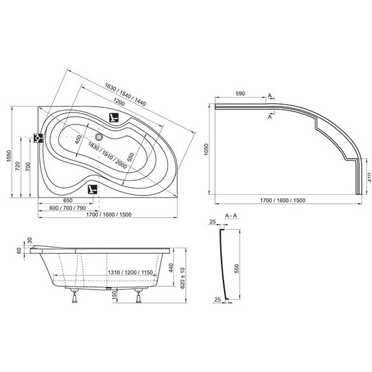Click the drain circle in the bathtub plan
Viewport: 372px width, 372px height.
point(98,137)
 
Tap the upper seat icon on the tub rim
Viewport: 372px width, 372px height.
point(114,117)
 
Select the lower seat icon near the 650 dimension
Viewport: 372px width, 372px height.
point(93,189)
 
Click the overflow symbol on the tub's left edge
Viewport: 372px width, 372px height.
point(38,138)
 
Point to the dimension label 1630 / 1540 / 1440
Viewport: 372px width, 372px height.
point(125,95)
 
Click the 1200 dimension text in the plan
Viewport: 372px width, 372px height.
point(119,102)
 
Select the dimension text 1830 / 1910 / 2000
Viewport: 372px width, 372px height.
point(107,156)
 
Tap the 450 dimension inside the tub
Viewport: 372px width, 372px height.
point(78,140)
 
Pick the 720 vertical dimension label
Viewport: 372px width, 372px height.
point(18,166)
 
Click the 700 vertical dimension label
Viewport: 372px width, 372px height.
point(28,167)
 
